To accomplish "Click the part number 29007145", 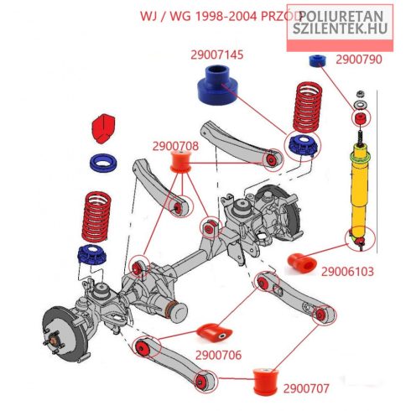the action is (x=217, y=55).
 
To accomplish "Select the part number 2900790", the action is (x=359, y=60).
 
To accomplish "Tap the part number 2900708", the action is (x=175, y=146).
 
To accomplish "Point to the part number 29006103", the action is (x=347, y=272).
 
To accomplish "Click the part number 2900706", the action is (x=218, y=355).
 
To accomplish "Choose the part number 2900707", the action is (x=306, y=388).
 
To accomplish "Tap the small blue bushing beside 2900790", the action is (x=319, y=60).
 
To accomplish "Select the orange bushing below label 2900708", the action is (x=180, y=161).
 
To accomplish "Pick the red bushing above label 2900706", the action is (x=215, y=333).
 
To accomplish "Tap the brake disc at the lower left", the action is (x=64, y=334).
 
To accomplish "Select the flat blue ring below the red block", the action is (x=103, y=163).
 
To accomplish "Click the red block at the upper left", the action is (x=103, y=127).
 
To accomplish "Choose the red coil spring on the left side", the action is (x=96, y=216).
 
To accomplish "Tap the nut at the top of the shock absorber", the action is (x=361, y=94).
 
